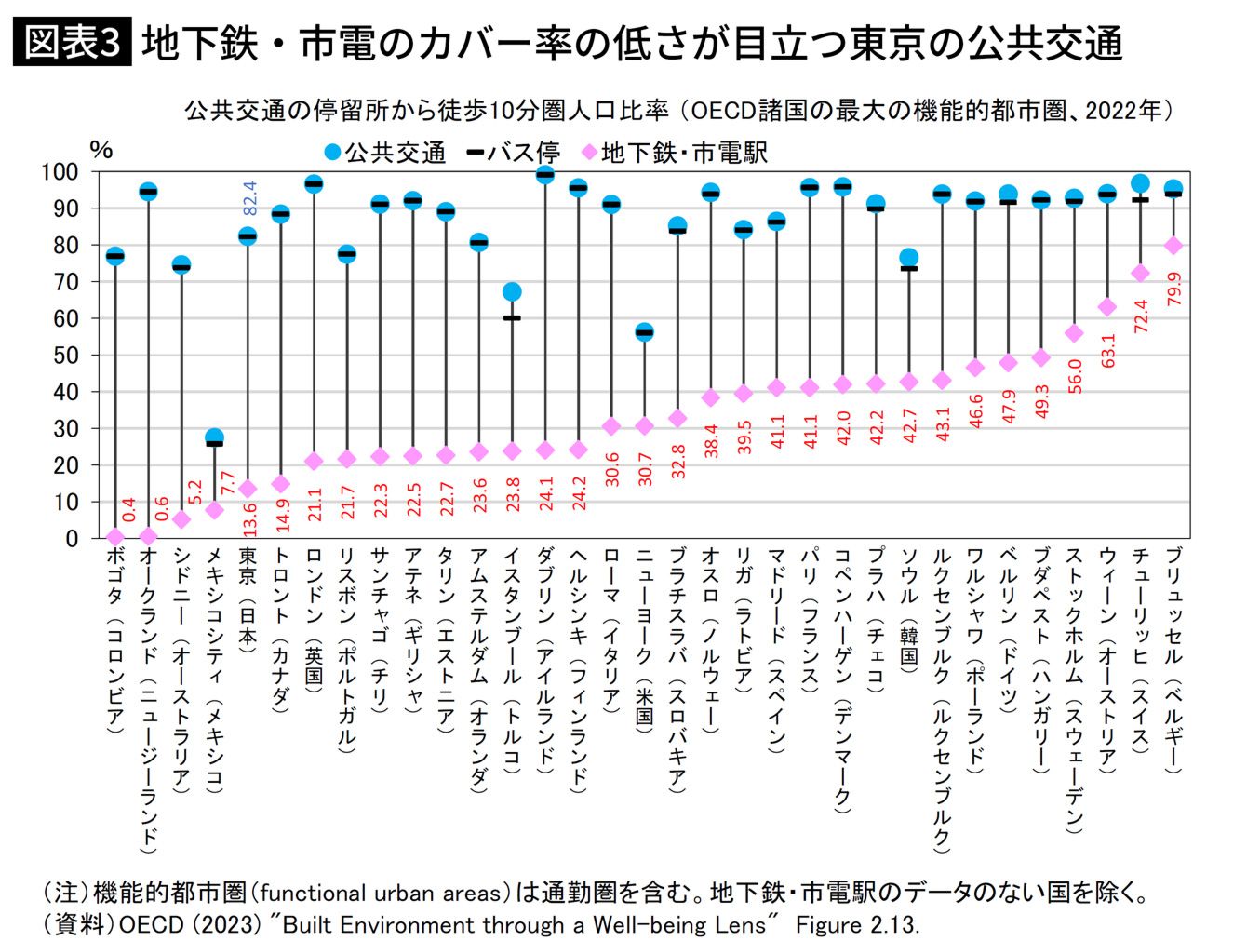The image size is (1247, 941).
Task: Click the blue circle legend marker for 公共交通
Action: click(332, 153)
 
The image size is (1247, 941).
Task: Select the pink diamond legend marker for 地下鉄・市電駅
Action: click(588, 153)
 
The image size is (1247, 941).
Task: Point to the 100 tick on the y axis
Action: click(59, 172)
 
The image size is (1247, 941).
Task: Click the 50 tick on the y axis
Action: click(65, 356)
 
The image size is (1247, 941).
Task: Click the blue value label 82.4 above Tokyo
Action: click(249, 199)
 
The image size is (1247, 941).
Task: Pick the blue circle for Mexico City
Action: click(214, 437)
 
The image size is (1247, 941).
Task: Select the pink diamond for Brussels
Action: click(1173, 246)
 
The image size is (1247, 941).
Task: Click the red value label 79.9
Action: click(1174, 289)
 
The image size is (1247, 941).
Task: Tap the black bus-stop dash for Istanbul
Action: click(512, 318)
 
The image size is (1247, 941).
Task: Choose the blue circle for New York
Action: click(644, 332)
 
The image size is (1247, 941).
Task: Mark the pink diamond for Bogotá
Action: click(115, 537)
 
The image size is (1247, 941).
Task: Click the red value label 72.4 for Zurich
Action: click(1141, 315)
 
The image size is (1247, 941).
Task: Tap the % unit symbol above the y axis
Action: click(101, 149)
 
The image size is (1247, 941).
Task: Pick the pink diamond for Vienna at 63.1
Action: click(1107, 307)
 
